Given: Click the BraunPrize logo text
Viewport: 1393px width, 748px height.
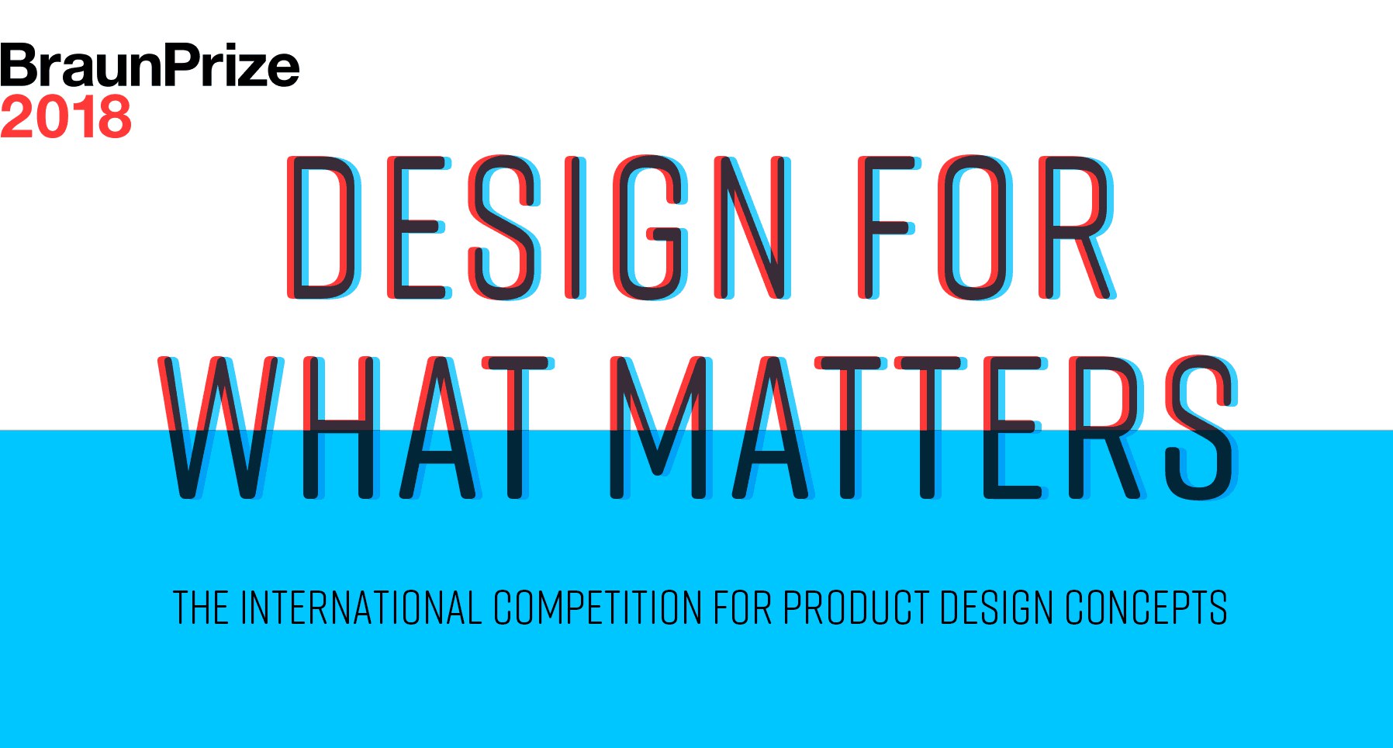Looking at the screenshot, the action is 150,65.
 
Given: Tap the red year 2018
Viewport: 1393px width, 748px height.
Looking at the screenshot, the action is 66,116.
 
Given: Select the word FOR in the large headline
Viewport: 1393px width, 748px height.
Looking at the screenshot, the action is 987,228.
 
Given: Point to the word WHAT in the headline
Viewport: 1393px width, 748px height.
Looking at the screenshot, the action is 356,428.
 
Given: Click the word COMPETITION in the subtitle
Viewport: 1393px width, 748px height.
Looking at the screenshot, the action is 597,608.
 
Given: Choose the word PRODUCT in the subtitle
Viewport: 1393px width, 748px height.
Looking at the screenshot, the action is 856,608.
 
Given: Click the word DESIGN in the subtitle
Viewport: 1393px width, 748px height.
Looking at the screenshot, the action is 997,608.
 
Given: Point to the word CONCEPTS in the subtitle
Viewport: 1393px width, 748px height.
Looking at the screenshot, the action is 1146,608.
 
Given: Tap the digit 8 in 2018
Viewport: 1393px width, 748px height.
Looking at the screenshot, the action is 112,117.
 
